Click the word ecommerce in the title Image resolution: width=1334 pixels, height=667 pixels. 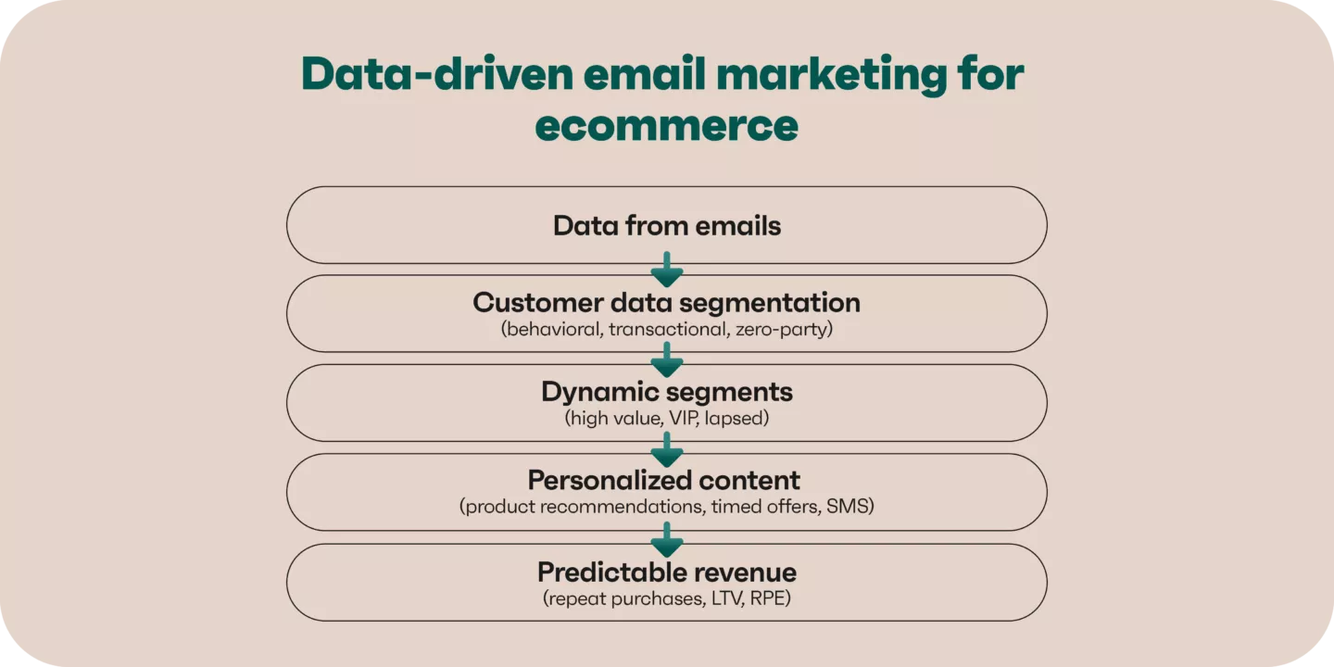click(x=666, y=125)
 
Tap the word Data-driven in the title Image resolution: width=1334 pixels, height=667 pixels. click(x=437, y=73)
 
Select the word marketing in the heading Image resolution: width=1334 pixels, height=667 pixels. click(x=831, y=75)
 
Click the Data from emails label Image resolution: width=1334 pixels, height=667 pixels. click(x=666, y=226)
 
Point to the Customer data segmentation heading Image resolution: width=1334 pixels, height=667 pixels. click(x=666, y=303)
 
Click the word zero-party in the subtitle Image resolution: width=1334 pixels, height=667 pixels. click(x=784, y=330)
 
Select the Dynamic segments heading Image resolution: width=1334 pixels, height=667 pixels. click(x=666, y=392)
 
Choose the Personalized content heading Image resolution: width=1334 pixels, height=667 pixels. click(x=663, y=480)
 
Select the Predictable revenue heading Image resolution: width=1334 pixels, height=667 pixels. click(x=666, y=573)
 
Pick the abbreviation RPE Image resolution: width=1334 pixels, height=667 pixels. click(x=770, y=598)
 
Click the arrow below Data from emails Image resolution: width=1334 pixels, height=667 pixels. click(x=666, y=270)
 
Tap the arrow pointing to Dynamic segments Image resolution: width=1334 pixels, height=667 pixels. click(x=666, y=359)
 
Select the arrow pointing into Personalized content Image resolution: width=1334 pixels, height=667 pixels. click(x=666, y=449)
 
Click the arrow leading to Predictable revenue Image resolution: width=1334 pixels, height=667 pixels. click(x=666, y=539)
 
